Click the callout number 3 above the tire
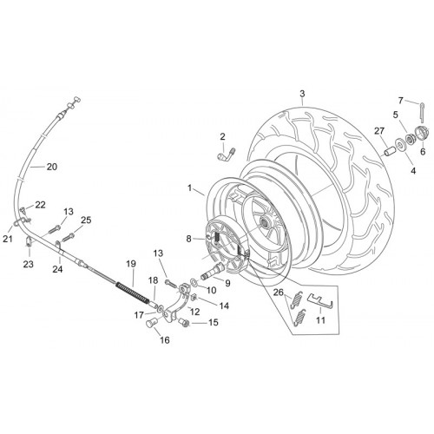pos(302,94)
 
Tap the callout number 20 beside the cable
pos(52,167)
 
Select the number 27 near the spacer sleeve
pos(379,131)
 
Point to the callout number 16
pos(165,340)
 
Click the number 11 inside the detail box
pos(320,320)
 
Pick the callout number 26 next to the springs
pos(279,293)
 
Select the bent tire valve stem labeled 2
pos(227,154)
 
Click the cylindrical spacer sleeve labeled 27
pos(389,151)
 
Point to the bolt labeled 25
pos(69,238)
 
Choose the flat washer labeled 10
pos(194,281)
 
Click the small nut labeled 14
pos(194,297)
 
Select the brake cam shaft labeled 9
pos(211,270)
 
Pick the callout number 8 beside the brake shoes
pos(189,239)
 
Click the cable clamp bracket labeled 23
pos(29,241)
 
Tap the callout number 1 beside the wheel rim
pos(190,188)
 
